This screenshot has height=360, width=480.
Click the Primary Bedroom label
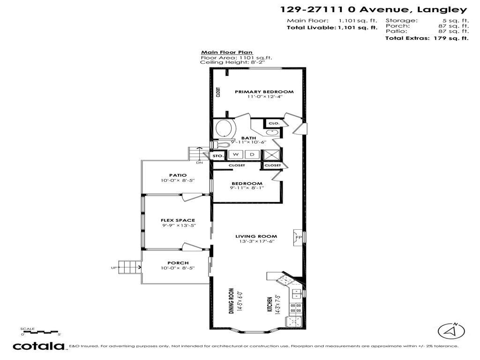click(264, 92)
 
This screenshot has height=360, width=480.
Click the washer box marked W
click(236, 155)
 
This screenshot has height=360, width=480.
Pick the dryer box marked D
click(252, 155)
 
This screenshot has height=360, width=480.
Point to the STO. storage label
click(217, 155)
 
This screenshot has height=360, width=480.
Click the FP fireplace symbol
click(298, 238)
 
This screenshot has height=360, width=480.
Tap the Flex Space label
click(178, 220)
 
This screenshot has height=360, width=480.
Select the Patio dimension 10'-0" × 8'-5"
click(178, 180)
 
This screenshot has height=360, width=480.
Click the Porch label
click(178, 263)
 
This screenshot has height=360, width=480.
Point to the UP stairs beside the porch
click(129, 267)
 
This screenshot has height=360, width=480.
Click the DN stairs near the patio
click(197, 154)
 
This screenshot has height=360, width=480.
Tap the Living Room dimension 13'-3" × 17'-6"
click(256, 241)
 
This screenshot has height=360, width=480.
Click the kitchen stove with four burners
click(296, 307)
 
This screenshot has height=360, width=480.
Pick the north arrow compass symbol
click(451, 331)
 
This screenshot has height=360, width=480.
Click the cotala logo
click(38, 346)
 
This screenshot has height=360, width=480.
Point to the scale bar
click(40, 332)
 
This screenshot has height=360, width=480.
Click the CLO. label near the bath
click(274, 123)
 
